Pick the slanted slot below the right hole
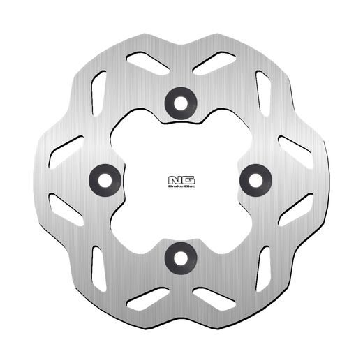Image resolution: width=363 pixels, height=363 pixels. click(295, 211)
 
